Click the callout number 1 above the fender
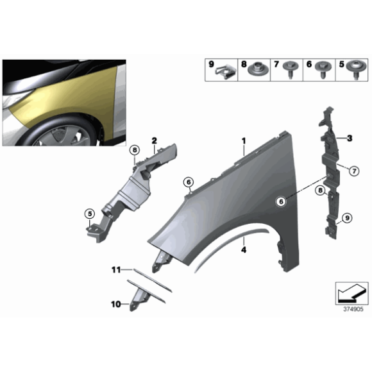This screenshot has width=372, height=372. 244,140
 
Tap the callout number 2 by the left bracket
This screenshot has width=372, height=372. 154,140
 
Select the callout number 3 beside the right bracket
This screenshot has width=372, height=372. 350,139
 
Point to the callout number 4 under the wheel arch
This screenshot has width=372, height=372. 244,252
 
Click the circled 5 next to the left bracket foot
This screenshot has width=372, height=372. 90,214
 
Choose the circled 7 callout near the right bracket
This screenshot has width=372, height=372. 352,170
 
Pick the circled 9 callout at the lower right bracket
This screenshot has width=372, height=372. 347,219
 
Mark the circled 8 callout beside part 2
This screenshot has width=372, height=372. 134,150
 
